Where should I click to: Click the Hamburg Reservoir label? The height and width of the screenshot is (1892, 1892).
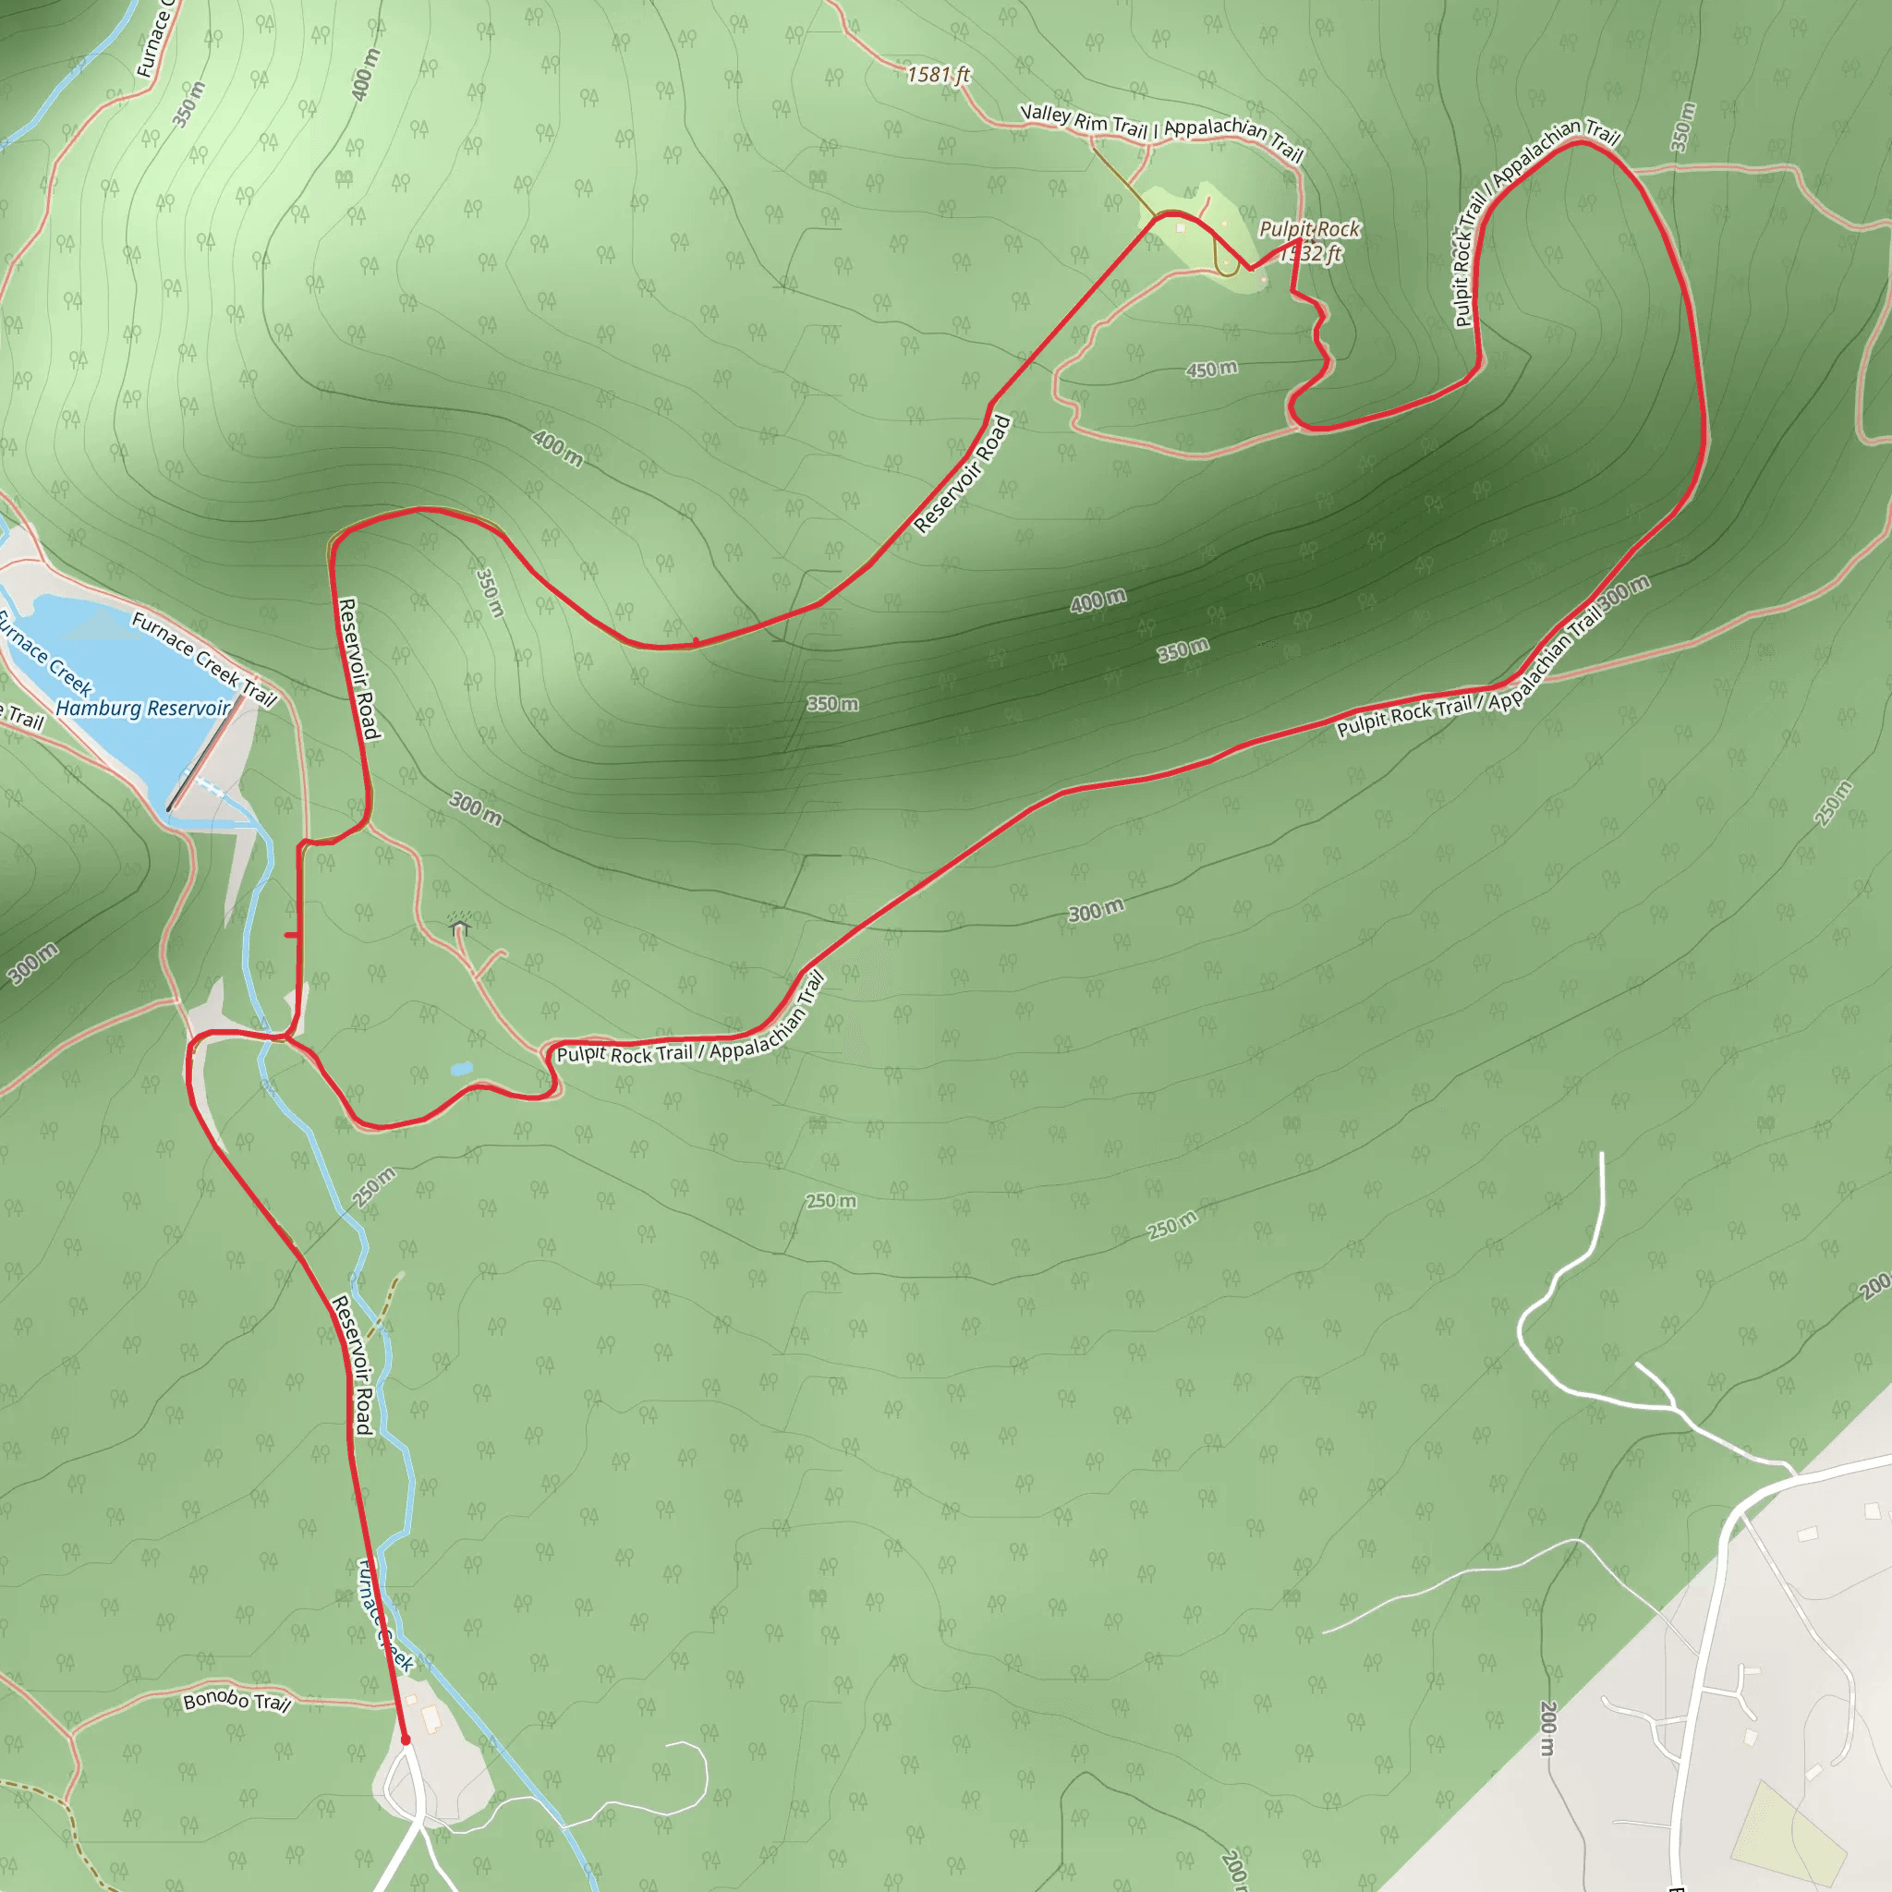[x=143, y=707]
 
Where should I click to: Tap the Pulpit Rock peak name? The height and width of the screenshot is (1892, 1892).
[x=1309, y=229]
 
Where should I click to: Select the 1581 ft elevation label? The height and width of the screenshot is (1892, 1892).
[x=939, y=75]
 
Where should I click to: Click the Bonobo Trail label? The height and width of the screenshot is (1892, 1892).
[x=237, y=1701]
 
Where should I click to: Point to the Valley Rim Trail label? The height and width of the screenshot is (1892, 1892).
[x=1083, y=120]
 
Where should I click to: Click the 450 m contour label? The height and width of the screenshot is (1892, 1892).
[x=1211, y=370]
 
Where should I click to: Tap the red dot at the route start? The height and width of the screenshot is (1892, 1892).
[x=406, y=1740]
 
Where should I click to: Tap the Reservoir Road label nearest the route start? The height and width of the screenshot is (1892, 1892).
[x=353, y=1364]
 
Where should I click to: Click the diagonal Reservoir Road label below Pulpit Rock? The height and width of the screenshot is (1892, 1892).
[x=963, y=474]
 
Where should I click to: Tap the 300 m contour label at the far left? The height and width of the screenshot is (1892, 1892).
[x=33, y=964]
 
